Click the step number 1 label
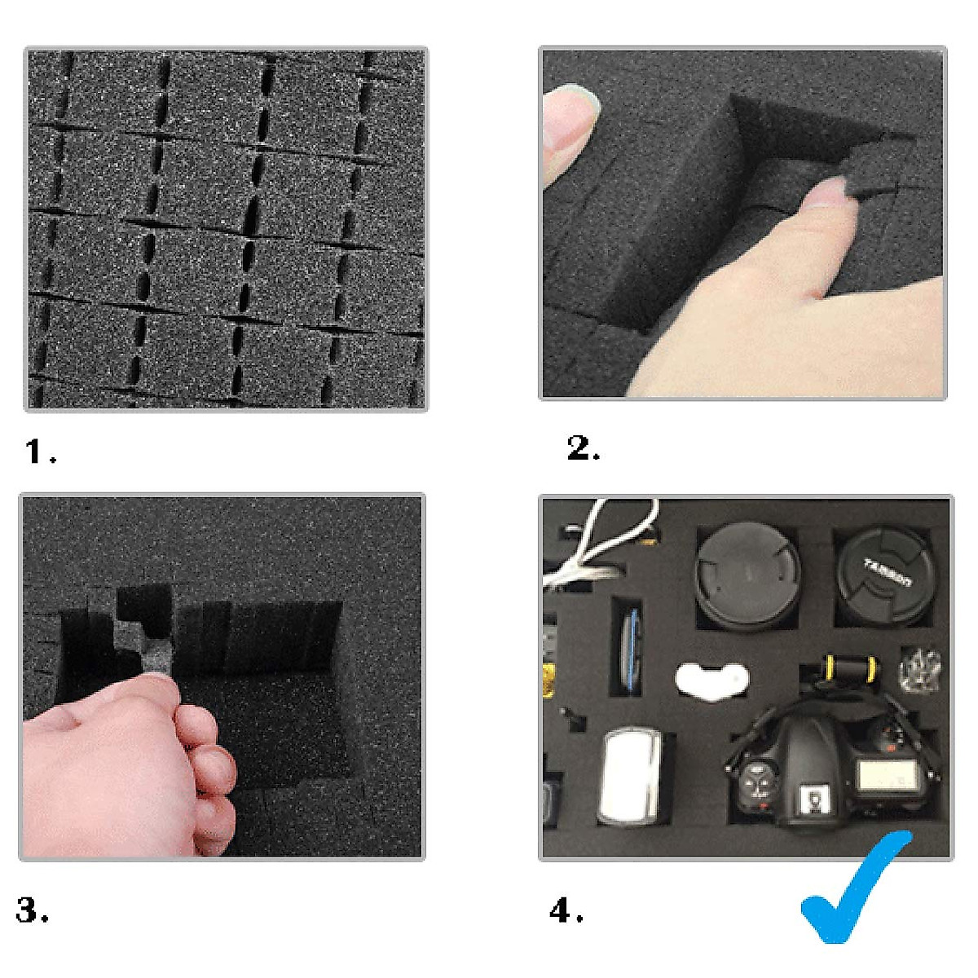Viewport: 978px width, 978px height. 39,452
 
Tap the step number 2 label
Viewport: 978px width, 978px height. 582,448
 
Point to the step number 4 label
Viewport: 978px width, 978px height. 566,910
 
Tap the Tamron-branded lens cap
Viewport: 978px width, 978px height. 886,576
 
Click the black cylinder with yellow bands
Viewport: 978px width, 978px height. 851,670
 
